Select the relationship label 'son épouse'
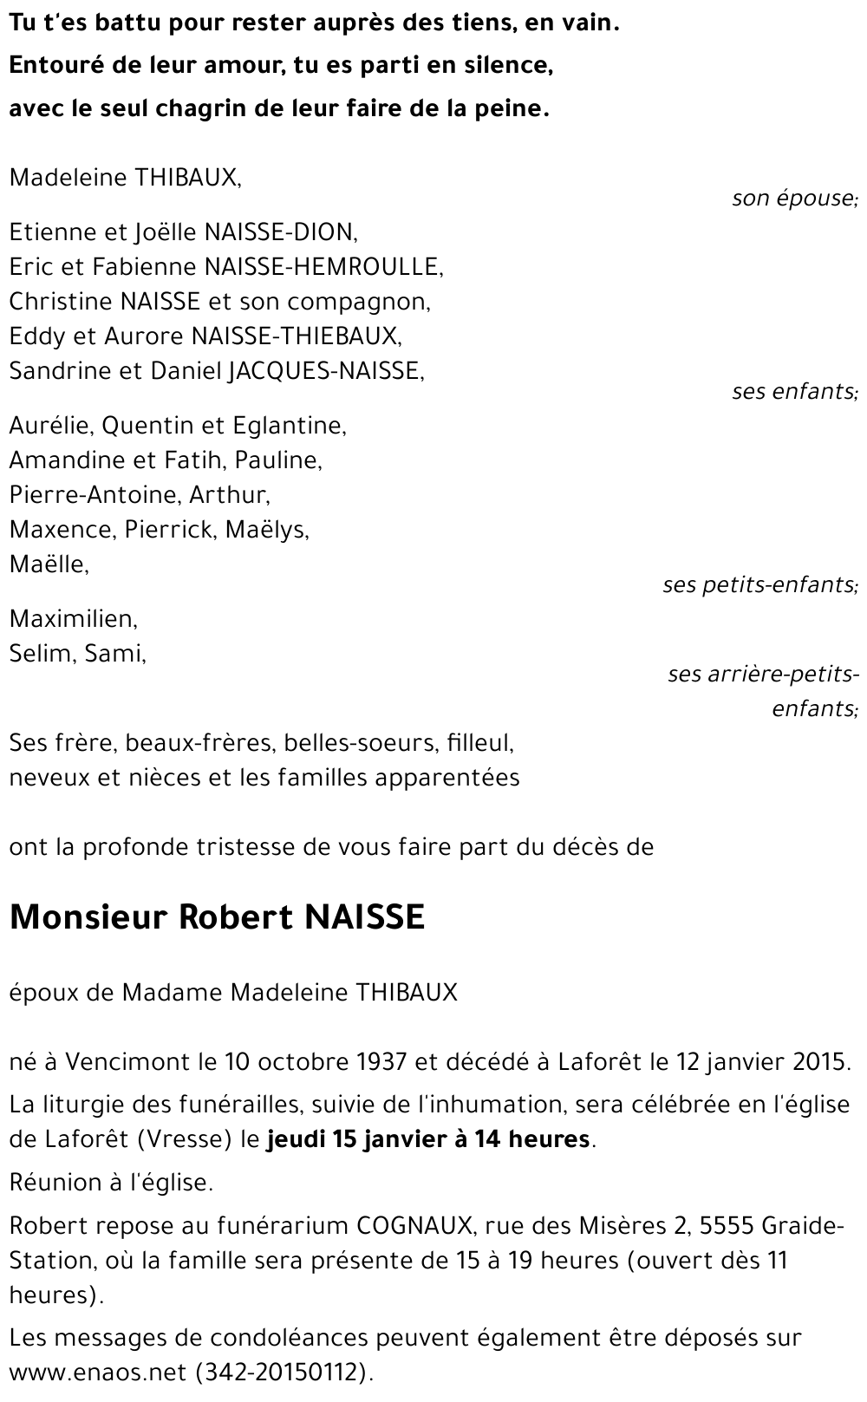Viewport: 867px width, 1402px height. (793, 199)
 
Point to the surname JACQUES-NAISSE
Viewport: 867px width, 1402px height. (325, 371)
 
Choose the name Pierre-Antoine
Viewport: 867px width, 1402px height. (93, 495)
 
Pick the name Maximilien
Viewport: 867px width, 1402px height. (73, 619)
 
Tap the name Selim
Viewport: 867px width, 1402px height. (41, 654)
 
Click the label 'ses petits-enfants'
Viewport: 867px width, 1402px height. (759, 585)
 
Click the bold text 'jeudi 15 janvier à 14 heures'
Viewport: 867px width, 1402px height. (429, 1138)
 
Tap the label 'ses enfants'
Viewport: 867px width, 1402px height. (793, 392)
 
